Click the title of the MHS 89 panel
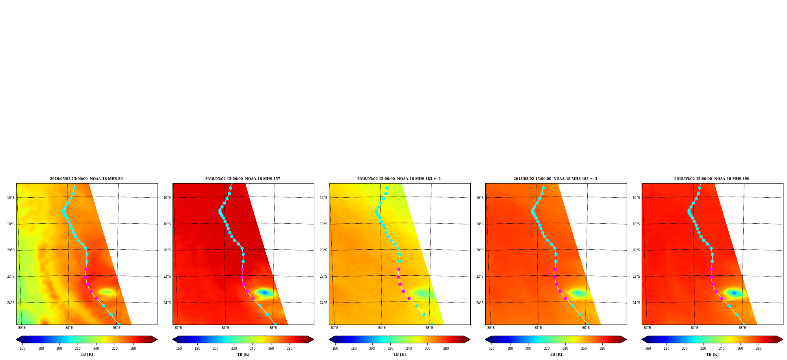point(86,179)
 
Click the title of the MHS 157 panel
point(243,179)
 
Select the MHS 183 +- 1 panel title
point(399,179)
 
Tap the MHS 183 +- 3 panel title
point(555,179)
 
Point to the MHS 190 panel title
point(712,179)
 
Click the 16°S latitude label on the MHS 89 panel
point(11,198)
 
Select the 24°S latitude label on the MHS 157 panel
point(167,303)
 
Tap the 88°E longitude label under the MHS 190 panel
point(742,328)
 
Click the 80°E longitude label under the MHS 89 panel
point(22,328)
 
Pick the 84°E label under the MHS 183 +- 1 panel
point(382,328)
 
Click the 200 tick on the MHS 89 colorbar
point(59,349)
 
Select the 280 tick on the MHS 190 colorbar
point(759,349)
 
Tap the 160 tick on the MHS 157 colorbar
point(179,349)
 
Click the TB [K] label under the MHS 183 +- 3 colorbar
point(556,354)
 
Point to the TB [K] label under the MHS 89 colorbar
point(87,354)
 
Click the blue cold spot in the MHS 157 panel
point(265,293)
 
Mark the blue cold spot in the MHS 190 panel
point(734,293)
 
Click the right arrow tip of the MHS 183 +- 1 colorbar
point(470,340)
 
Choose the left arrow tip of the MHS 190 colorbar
point(642,340)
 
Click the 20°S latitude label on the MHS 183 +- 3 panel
point(480,250)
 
